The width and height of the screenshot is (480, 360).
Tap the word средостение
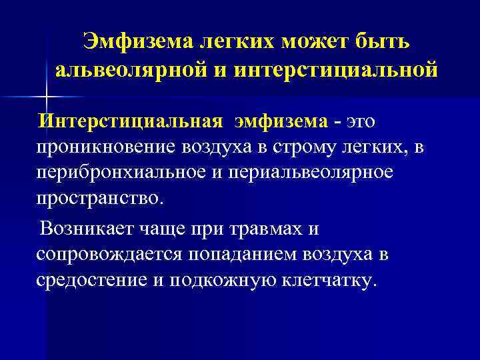point(91,280)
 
